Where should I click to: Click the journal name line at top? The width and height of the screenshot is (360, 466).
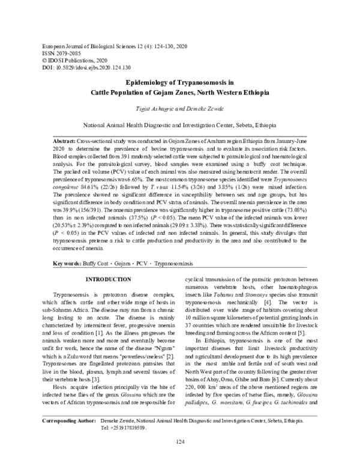(x=104, y=46)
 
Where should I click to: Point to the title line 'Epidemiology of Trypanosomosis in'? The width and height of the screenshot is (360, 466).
(x=179, y=83)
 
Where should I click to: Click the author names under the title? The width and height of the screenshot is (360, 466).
(x=180, y=108)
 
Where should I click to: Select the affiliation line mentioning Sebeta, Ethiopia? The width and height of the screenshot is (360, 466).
(x=179, y=127)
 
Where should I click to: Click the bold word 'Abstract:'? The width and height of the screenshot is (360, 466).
(x=66, y=139)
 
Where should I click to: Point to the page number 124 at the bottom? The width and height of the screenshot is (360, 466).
(x=179, y=442)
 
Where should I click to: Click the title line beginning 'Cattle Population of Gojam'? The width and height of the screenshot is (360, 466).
(x=179, y=94)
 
